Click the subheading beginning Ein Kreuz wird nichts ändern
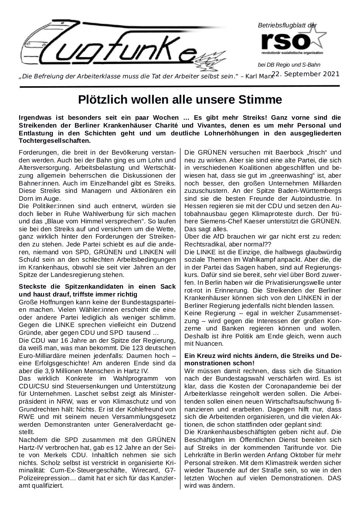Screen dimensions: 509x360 (263, 359)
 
